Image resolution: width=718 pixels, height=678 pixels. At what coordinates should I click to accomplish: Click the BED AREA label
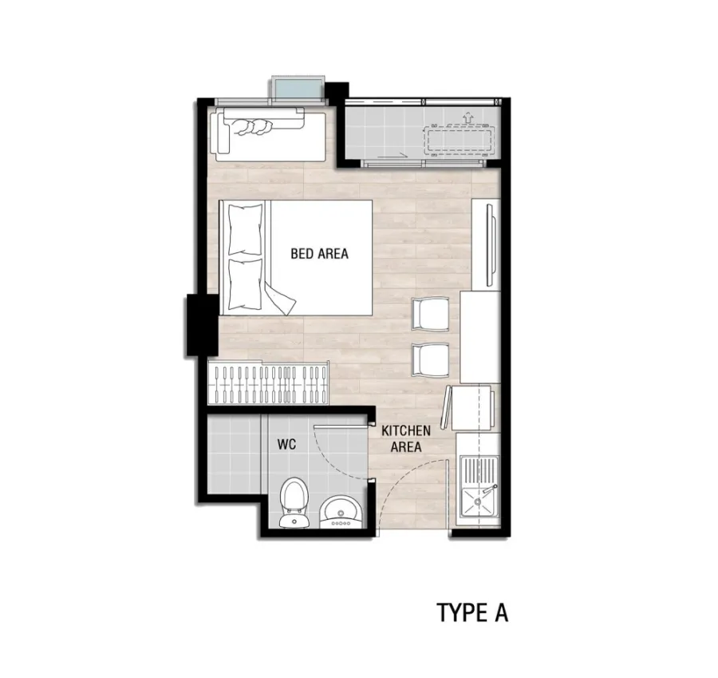[x=319, y=253]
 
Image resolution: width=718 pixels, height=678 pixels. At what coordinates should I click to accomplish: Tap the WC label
[x=286, y=444]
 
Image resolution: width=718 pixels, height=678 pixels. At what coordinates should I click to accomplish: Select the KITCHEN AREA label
[x=406, y=438]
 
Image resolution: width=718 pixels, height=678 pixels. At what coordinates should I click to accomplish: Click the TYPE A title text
[x=472, y=613]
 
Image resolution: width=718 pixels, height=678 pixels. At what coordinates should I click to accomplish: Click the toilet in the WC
[x=294, y=502]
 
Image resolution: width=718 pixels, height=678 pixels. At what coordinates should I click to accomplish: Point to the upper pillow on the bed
[x=246, y=229]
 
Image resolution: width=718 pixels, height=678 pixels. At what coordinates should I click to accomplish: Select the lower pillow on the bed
[x=246, y=284]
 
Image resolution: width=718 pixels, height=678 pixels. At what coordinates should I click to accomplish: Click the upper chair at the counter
[x=430, y=314]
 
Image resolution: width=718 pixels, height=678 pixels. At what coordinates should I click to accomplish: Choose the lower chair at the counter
[x=430, y=360]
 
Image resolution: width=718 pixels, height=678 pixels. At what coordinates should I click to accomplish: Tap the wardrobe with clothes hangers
[x=268, y=383]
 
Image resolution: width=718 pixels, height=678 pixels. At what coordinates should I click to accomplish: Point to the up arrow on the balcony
[x=467, y=117]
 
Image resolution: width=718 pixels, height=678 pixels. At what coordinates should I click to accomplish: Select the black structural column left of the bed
[x=202, y=325]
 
